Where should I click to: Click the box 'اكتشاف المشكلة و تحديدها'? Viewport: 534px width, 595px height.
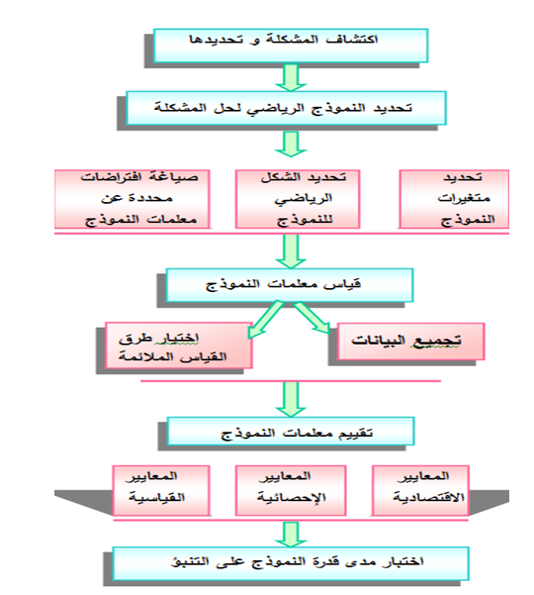click(x=291, y=46)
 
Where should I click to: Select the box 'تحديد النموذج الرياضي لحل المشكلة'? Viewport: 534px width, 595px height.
click(x=286, y=108)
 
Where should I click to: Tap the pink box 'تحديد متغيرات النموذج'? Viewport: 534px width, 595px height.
click(x=454, y=199)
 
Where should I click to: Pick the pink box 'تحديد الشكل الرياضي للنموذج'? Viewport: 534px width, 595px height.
click(x=298, y=199)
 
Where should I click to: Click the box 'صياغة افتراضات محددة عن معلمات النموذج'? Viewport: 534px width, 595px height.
click(x=133, y=199)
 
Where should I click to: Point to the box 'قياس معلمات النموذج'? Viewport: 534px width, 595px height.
click(x=290, y=285)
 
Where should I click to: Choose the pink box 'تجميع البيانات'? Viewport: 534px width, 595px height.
click(x=410, y=342)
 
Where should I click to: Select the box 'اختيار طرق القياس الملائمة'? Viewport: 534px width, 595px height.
click(x=179, y=346)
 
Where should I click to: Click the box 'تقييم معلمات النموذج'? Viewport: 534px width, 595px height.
click(x=291, y=431)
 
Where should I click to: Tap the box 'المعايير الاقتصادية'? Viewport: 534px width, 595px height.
click(x=420, y=490)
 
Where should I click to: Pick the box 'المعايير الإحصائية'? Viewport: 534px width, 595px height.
click(x=291, y=490)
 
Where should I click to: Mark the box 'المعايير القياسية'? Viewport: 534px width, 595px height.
click(x=161, y=490)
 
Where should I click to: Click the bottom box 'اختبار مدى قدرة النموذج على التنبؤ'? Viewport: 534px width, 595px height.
click(x=291, y=563)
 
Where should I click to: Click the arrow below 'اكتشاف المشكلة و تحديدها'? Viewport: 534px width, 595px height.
click(x=291, y=77)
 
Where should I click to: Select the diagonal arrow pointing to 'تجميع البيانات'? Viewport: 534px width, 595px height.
click(x=311, y=318)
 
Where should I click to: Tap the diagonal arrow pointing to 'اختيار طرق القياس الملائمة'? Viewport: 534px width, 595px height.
click(x=265, y=320)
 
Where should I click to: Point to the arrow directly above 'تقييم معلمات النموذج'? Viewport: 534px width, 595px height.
click(x=291, y=399)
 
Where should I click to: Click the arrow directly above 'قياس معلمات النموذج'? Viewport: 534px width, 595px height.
click(x=291, y=251)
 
